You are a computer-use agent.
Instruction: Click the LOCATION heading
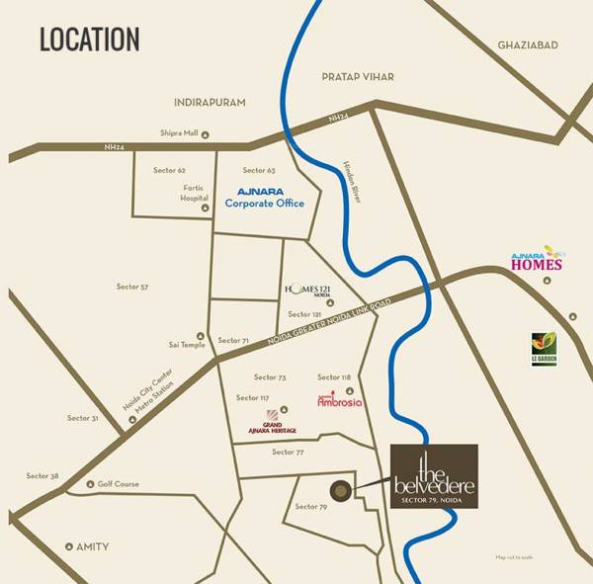coord(89,40)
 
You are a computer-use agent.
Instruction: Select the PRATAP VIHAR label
coord(357,76)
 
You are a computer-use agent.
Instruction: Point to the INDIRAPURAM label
coord(209,102)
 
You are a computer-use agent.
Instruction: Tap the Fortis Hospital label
coord(194,192)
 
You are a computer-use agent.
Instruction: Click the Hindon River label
coord(353,182)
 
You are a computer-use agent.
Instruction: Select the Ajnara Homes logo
coord(537,260)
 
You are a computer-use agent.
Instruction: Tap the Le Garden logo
coord(544,348)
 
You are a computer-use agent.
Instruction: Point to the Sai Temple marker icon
coord(201,335)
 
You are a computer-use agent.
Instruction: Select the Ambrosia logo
coord(339,400)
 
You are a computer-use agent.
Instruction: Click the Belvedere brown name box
coord(434,476)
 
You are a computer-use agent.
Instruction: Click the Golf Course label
coord(118,484)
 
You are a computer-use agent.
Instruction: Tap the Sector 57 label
coord(132,287)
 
